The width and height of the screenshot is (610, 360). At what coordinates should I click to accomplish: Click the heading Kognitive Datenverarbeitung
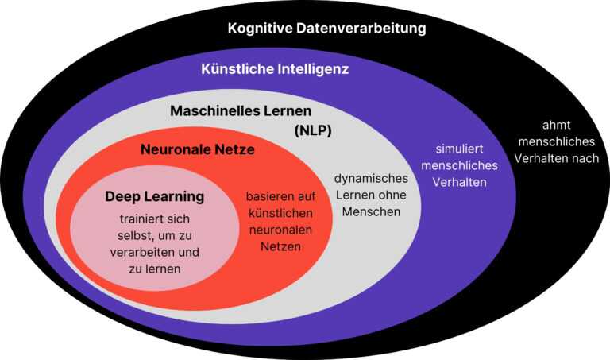tap(326, 29)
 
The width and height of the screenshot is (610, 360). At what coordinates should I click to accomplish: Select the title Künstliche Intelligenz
tap(274, 69)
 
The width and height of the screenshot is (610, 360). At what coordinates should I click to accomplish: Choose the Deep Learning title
tap(154, 195)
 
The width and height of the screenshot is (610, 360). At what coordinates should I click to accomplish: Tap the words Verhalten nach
tap(557, 158)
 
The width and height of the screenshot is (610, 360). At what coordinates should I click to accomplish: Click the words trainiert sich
tap(155, 219)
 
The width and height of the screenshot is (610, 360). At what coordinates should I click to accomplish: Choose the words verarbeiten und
tap(155, 252)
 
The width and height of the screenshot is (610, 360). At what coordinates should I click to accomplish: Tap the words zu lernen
tap(155, 269)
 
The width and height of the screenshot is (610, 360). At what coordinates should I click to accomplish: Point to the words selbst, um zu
tap(155, 235)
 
